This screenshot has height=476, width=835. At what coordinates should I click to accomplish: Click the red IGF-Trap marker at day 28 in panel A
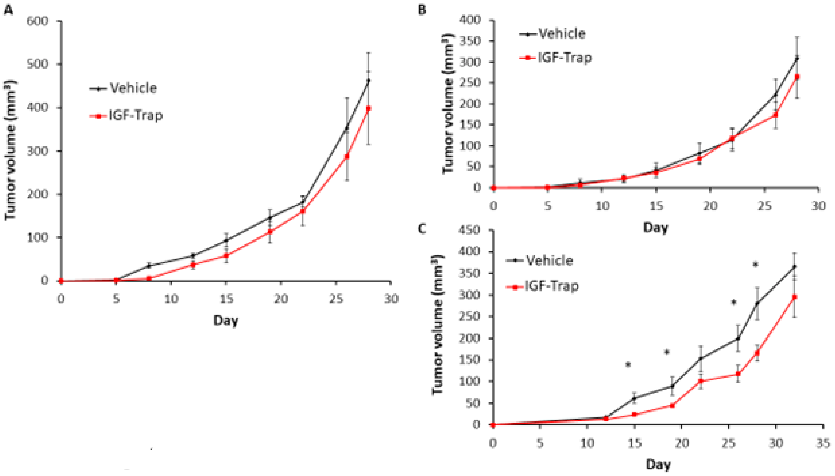point(369,108)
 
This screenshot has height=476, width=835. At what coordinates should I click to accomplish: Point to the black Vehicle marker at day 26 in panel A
point(347,128)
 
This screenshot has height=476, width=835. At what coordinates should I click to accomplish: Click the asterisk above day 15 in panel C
point(628,364)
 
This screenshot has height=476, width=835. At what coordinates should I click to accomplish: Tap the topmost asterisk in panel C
point(755,265)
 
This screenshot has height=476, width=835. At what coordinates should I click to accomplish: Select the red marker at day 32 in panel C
point(795,297)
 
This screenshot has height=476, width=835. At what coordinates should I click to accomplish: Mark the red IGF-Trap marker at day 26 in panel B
point(775,115)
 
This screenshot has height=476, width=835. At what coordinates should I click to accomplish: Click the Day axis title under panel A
point(226,320)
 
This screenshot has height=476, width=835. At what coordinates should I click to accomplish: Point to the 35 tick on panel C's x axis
point(823,444)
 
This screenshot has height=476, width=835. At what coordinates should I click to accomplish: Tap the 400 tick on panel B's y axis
point(470,20)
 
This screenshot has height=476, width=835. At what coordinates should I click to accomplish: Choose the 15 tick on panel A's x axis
point(226,298)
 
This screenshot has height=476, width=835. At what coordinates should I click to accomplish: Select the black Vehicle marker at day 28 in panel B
point(797,59)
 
